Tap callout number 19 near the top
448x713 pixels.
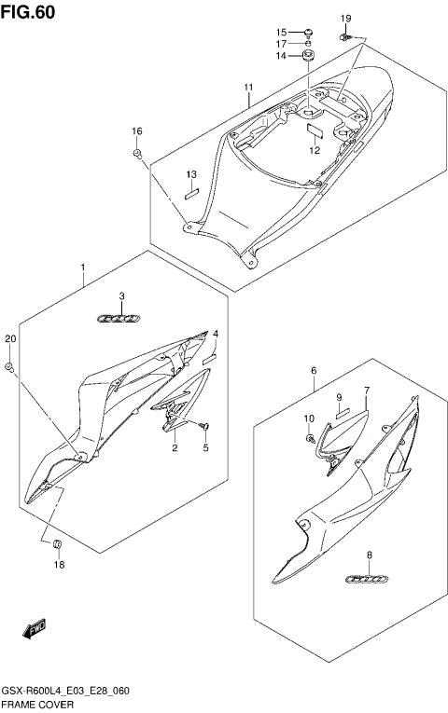(345, 19)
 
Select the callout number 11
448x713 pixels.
(249, 89)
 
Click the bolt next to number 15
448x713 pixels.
(309, 32)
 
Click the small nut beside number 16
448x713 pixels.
(137, 153)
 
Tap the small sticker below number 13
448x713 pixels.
(191, 194)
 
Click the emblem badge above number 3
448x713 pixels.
(120, 318)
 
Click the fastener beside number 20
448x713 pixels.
(9, 368)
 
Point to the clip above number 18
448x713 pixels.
(57, 543)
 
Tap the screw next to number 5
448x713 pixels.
(205, 427)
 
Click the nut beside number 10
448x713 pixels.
(310, 438)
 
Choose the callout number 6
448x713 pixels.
(315, 370)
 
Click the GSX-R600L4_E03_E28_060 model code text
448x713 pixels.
(65, 692)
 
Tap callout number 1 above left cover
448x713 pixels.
(82, 267)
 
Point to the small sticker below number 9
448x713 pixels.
(342, 410)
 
